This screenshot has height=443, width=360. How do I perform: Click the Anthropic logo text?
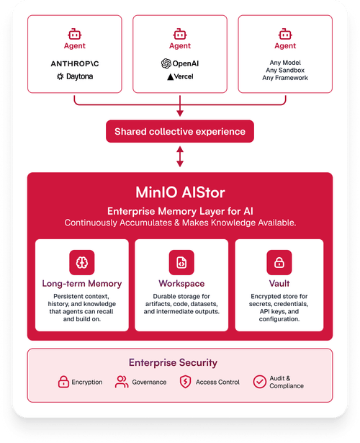coord(75,63)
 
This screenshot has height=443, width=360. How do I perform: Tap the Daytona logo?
coord(75,76)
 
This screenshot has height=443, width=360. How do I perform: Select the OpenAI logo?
coord(180,63)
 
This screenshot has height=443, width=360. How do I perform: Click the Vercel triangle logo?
coord(170,76)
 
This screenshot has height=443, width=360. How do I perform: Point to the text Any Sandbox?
coord(285,70)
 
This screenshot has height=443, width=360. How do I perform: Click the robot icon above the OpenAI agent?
coord(180,34)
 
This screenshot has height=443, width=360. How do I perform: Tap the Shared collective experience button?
coord(180,131)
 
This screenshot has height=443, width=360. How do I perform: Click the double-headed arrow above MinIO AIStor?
coord(180,156)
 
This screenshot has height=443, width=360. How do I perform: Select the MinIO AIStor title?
coord(180,192)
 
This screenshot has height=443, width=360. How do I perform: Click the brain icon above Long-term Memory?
coord(82,262)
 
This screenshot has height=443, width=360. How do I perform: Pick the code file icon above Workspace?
coord(181,262)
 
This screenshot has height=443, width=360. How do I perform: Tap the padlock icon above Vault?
coord(279,262)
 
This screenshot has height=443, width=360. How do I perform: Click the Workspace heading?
coord(181,283)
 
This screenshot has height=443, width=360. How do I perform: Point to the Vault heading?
coord(279,283)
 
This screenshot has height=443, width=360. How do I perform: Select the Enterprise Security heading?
coord(173,362)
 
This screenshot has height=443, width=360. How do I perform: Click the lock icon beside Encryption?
coord(63,382)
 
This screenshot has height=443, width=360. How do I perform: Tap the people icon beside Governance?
coord(122,382)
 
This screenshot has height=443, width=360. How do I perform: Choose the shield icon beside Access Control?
coord(186,382)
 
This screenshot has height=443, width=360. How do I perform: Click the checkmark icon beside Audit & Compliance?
coord(259,382)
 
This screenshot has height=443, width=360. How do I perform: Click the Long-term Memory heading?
coord(82,283)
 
